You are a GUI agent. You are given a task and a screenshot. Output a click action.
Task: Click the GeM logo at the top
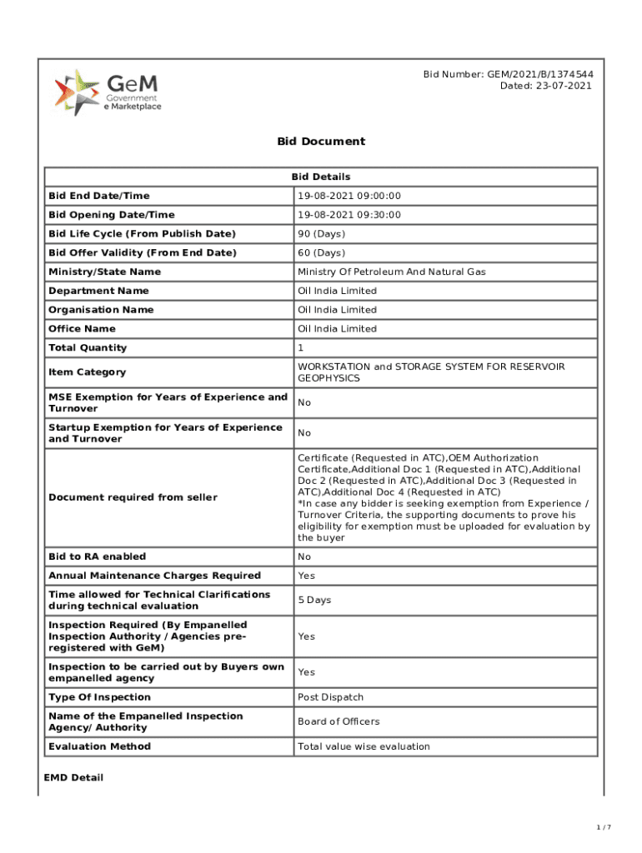(108, 92)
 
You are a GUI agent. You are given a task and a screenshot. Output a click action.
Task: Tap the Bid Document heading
(321, 141)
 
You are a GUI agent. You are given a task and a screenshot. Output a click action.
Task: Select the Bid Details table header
(321, 177)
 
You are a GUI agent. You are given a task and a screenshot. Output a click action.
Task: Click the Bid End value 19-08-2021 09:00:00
(349, 196)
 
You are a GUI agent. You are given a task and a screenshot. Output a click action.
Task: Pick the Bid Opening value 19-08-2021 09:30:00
(349, 215)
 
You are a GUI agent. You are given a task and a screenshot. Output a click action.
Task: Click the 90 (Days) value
(321, 234)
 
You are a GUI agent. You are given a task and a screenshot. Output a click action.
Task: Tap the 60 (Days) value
(321, 252)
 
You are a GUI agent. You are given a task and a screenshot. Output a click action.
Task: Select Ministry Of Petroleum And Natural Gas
(392, 272)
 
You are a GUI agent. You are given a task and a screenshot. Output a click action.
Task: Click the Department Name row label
(98, 291)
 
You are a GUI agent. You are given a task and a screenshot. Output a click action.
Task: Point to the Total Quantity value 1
(301, 347)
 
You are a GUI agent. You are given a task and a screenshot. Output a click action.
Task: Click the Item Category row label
(88, 372)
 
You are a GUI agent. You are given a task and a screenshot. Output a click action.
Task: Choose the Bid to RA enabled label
(97, 556)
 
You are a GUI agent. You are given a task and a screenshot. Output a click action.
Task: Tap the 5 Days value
(314, 600)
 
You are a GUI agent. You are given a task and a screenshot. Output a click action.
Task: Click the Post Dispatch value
(330, 697)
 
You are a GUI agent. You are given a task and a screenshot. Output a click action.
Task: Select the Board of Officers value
(339, 721)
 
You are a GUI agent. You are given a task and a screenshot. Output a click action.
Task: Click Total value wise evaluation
(364, 746)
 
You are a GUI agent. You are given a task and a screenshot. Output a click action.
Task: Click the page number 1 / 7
(604, 827)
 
